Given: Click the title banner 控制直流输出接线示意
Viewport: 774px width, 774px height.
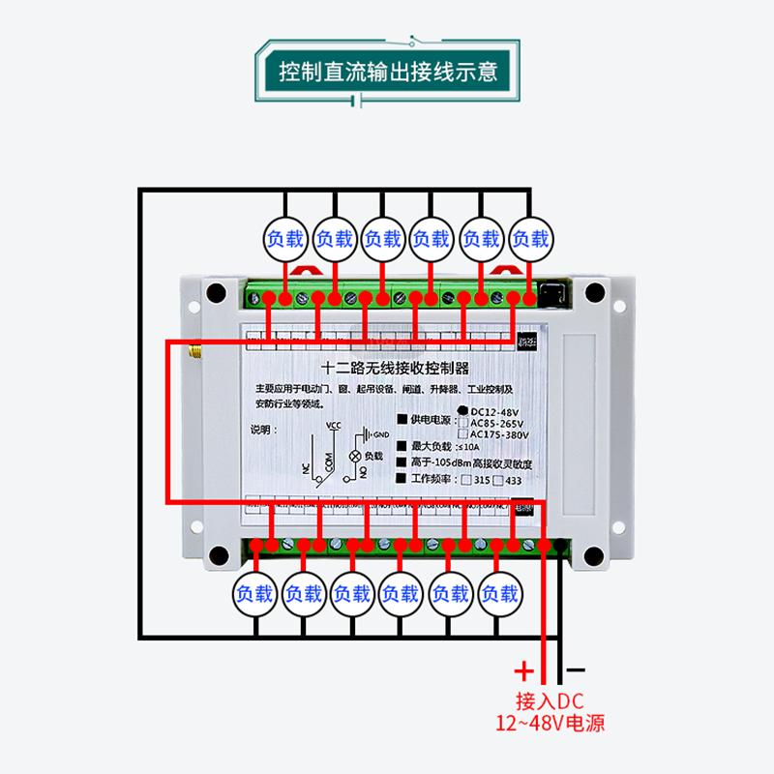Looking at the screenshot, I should click(x=387, y=73).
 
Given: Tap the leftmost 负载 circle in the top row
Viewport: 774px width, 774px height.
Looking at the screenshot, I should click(x=285, y=238).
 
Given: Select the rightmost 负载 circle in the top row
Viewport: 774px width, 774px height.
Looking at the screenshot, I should click(x=530, y=238).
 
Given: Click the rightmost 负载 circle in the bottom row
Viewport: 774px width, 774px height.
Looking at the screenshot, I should click(x=500, y=592).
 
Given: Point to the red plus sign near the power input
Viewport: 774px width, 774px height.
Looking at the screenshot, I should click(x=523, y=670).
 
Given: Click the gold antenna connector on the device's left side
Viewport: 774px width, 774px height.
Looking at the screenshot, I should click(x=192, y=346).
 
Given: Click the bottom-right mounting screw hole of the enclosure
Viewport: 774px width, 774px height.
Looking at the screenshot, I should click(x=589, y=555).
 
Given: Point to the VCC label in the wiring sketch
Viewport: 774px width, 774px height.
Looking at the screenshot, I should click(x=334, y=426).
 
